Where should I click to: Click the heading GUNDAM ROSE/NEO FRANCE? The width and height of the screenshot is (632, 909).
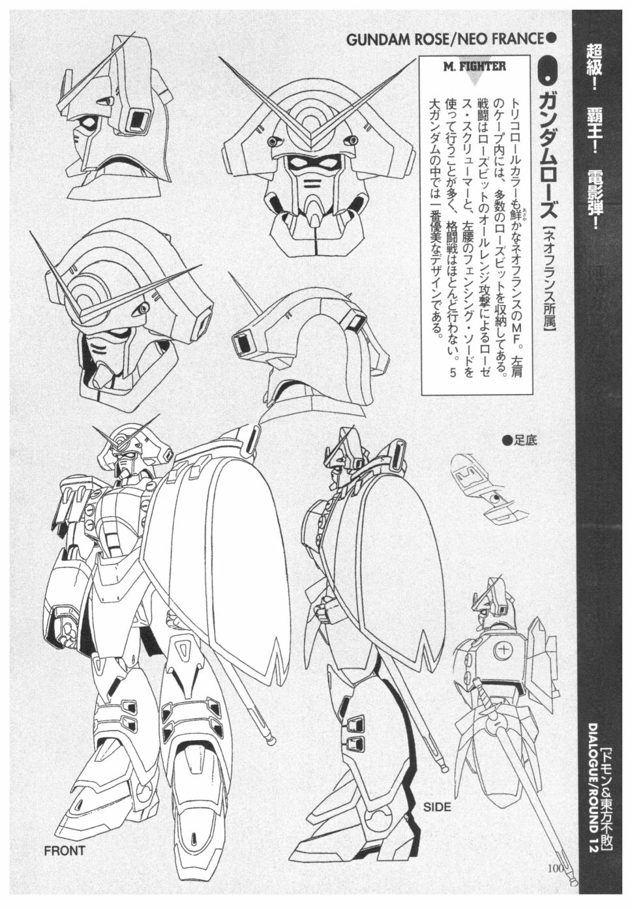(444, 38)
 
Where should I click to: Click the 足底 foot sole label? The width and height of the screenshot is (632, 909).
(520, 441)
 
